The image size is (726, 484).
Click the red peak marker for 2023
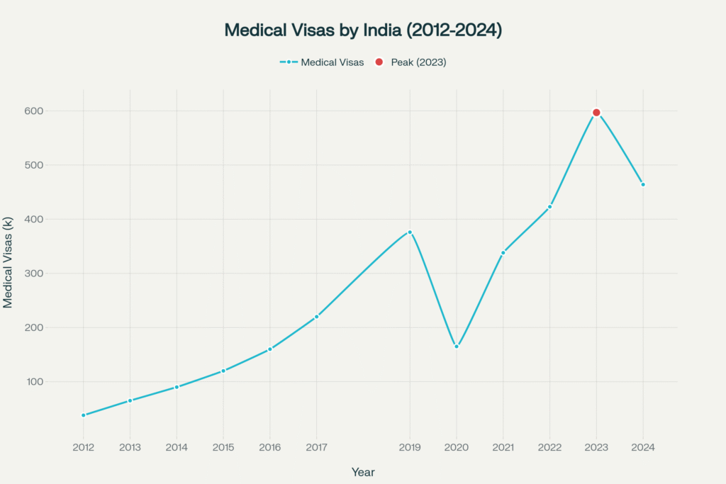pos(596,113)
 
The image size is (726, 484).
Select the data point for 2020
pos(457,347)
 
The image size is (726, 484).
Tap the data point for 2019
pos(410,232)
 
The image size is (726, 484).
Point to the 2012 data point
pos(84,415)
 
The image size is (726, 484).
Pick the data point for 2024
pos(643,184)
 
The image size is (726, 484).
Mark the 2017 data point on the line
pos(317,317)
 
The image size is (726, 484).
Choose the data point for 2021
pos(503,252)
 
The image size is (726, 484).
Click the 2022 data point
pos(549,207)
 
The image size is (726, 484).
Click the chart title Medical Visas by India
pos(363,30)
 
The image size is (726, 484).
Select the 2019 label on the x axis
pos(410,447)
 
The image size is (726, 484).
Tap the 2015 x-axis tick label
pos(223,447)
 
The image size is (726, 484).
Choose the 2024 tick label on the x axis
pos(643,447)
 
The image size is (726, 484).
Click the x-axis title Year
pos(363,472)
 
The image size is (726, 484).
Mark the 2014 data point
pos(177,387)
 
